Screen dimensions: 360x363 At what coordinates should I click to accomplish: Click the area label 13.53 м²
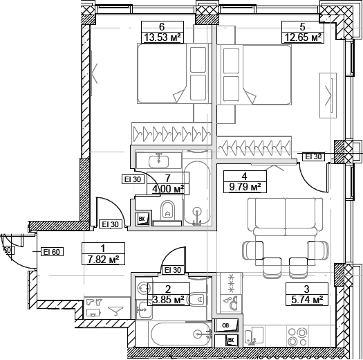click(161, 38)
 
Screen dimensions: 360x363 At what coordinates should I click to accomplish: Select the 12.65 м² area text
click(304, 38)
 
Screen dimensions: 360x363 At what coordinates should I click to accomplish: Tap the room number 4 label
click(244, 176)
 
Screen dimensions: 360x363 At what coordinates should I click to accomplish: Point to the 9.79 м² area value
click(244, 187)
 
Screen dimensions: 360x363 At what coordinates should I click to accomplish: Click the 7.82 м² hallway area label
click(102, 260)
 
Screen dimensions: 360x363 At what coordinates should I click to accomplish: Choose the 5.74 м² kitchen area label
click(306, 300)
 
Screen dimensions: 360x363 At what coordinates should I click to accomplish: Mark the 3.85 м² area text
click(167, 300)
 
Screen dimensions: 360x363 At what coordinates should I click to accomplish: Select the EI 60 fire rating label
click(52, 251)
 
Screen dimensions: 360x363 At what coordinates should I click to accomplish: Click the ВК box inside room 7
click(142, 219)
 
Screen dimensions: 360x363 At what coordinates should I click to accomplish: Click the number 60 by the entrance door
click(7, 250)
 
